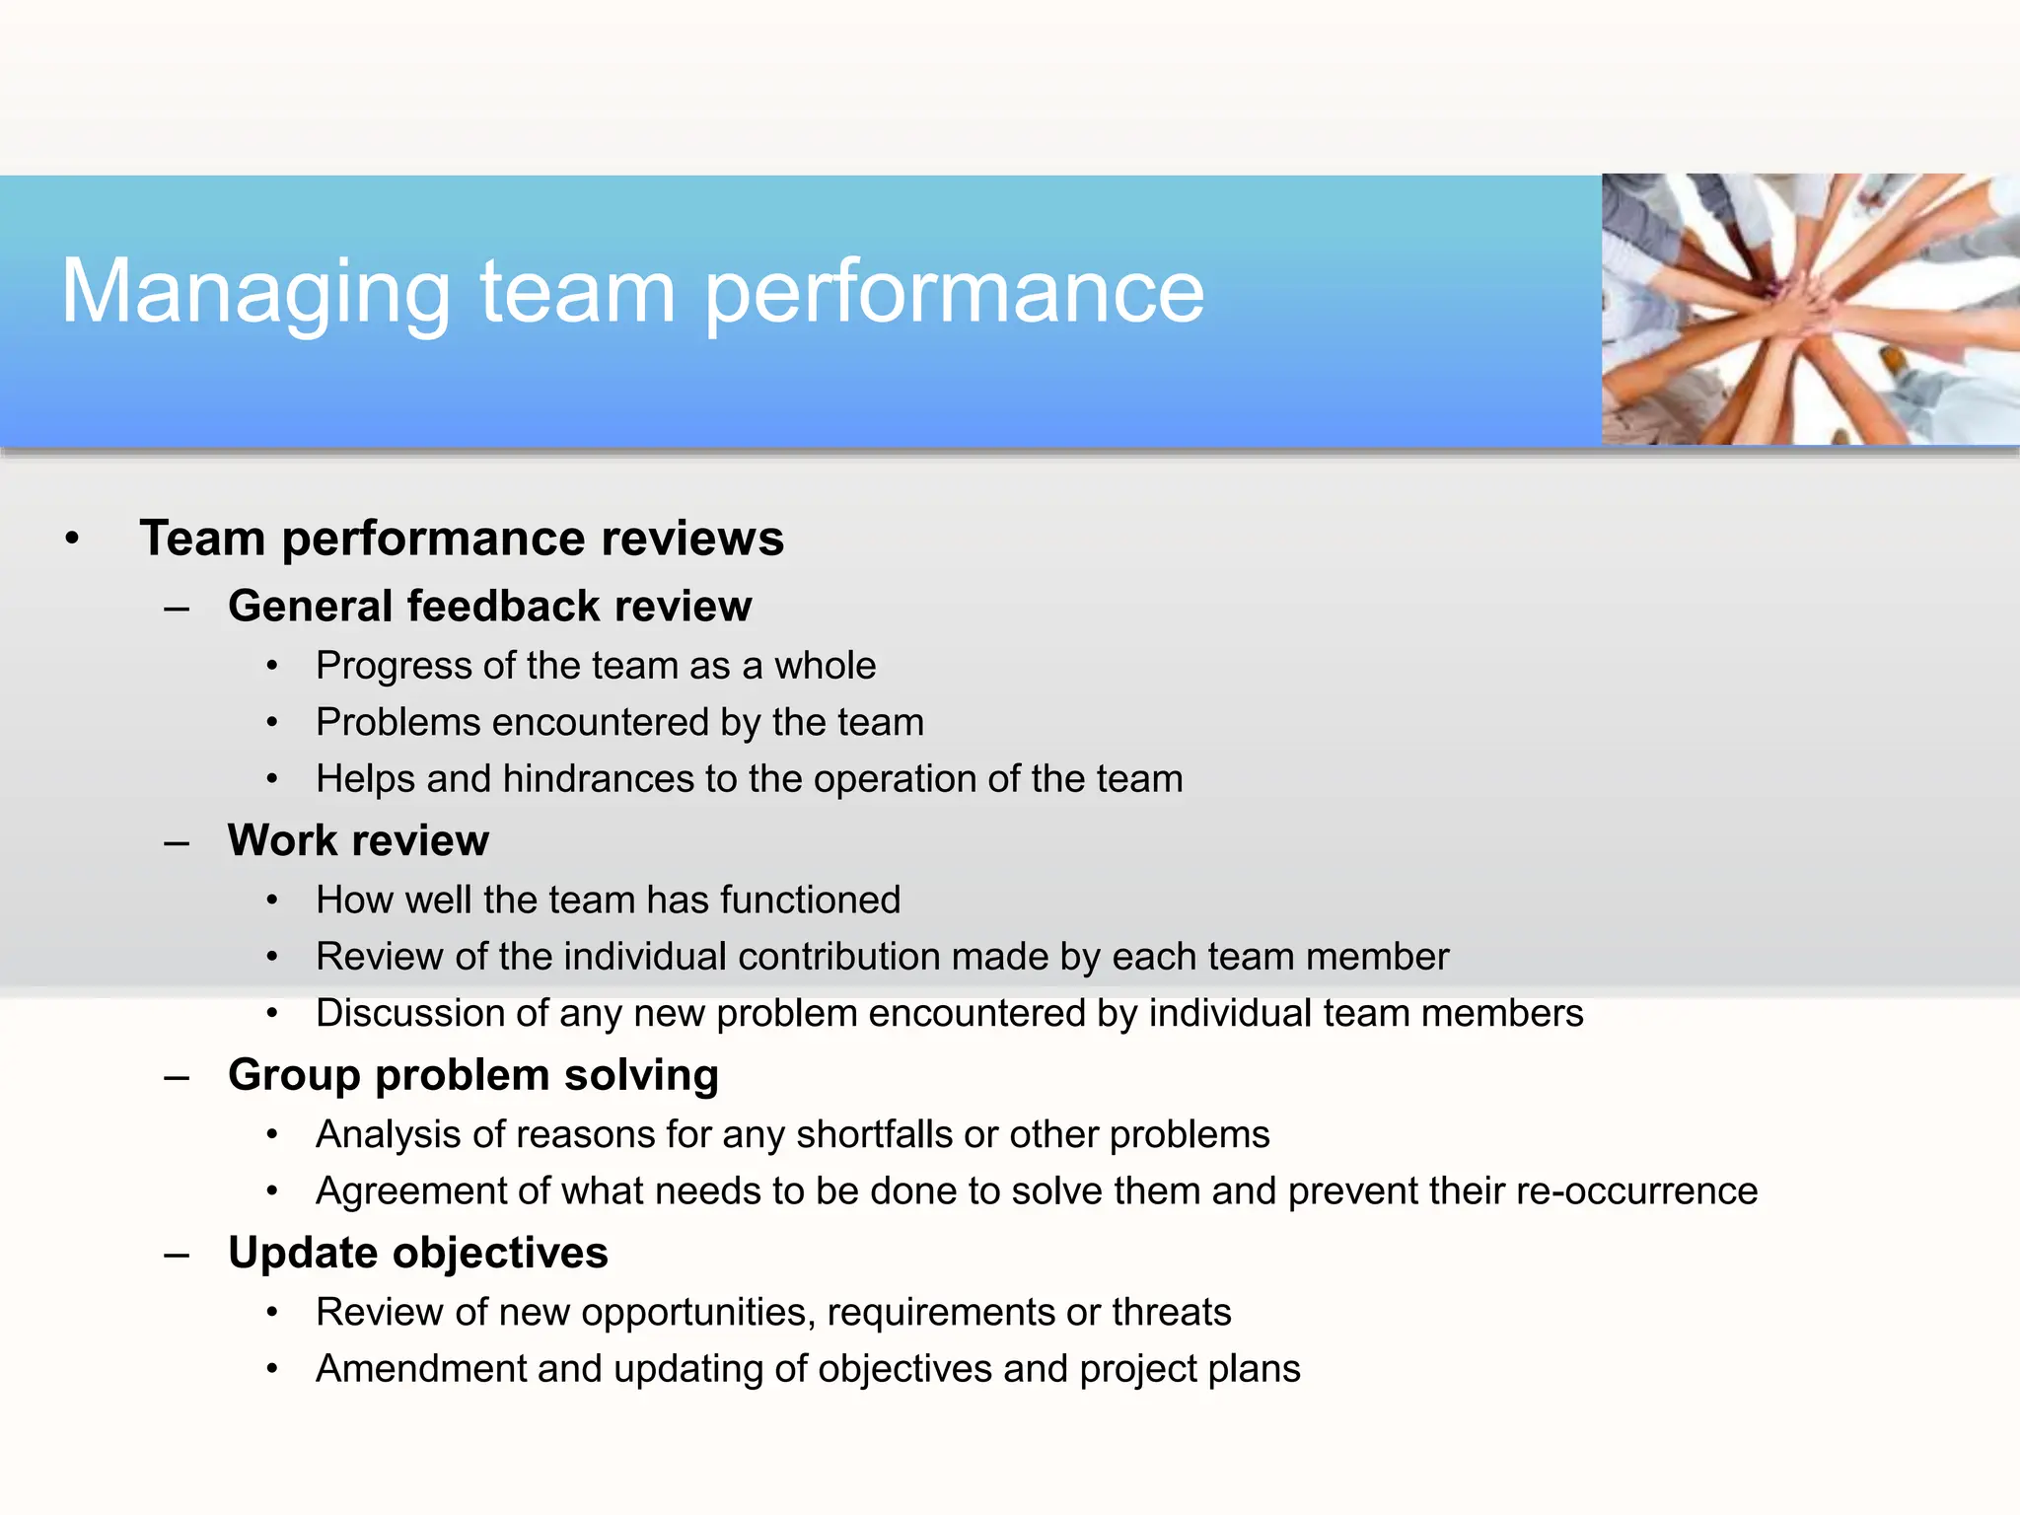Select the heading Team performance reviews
click(461, 539)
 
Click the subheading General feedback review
click(489, 606)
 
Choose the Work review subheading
click(358, 840)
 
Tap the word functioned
click(810, 900)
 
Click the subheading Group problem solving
click(472, 1075)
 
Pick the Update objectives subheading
click(417, 1253)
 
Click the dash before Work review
click(178, 843)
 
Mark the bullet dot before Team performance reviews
click(72, 540)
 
